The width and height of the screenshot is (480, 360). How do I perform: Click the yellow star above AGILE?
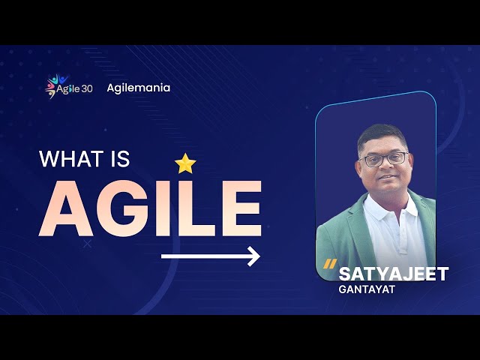click(x=185, y=163)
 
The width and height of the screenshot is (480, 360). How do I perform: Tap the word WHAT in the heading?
click(x=71, y=159)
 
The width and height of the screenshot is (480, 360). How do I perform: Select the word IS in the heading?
click(x=120, y=159)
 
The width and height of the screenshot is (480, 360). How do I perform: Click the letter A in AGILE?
click(x=66, y=208)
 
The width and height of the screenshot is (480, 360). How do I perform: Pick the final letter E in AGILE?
click(x=241, y=208)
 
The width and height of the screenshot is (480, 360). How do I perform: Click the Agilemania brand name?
click(x=138, y=88)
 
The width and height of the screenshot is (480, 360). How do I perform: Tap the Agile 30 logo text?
click(x=74, y=89)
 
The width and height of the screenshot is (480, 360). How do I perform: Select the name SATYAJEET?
click(x=393, y=274)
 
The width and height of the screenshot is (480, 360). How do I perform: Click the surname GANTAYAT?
click(x=367, y=289)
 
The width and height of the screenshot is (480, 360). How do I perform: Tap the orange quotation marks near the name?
click(x=330, y=264)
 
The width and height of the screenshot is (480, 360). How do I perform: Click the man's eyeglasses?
click(x=385, y=159)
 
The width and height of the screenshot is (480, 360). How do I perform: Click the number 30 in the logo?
click(x=87, y=89)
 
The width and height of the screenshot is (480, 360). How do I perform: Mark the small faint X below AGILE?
click(x=87, y=244)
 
